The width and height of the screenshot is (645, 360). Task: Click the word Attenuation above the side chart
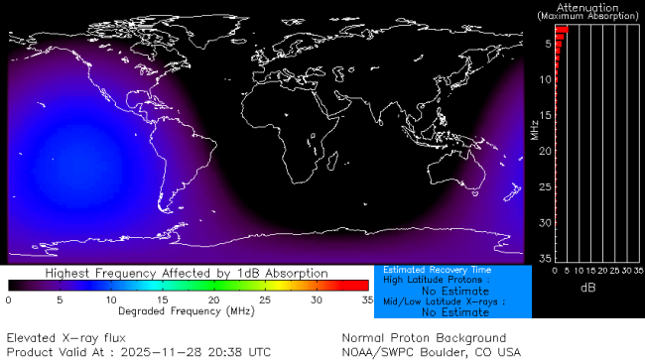tap(585, 6)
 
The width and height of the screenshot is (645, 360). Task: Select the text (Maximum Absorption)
tap(585, 16)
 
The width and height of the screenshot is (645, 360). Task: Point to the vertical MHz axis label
tap(534, 129)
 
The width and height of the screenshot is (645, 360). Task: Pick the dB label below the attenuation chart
tap(585, 288)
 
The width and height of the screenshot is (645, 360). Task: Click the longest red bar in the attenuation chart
tap(561, 30)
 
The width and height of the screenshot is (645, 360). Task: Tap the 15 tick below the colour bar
tap(162, 299)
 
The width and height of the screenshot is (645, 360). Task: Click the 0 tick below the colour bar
tap(9, 299)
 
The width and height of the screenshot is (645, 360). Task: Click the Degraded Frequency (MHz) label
tap(187, 311)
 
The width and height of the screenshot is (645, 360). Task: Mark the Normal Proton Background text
tap(424, 338)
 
